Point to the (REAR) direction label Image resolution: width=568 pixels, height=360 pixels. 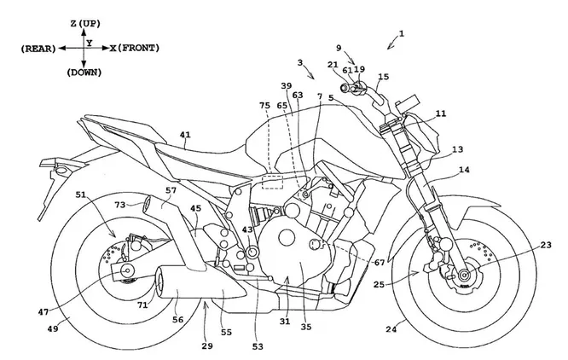36,50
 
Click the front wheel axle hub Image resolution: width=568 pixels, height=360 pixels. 463,275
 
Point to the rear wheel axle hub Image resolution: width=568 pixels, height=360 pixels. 127,271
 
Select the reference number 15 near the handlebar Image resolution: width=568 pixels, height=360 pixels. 383,78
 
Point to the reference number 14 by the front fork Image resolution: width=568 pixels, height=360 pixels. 463,171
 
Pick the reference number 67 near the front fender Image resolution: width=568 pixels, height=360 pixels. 378,263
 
